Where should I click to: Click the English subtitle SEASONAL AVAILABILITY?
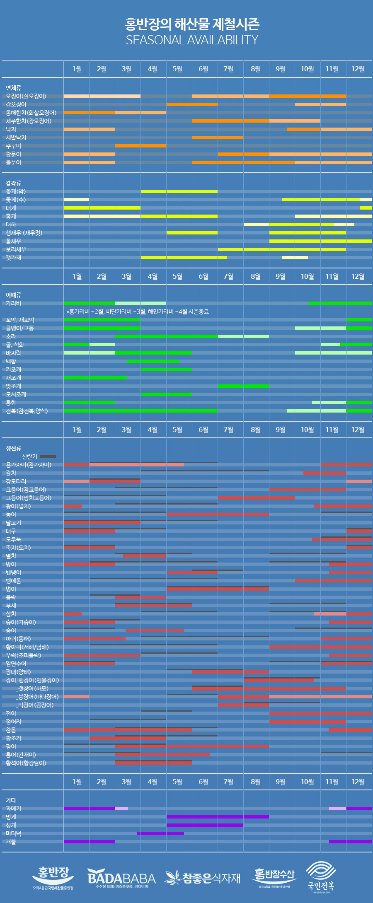192,40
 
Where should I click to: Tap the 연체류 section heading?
13,88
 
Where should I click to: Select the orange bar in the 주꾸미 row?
140,146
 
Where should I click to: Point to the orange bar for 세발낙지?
218,138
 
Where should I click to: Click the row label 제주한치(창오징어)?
29,121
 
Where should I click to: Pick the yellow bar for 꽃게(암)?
179,191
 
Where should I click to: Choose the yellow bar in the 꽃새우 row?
320,241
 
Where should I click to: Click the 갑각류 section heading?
13,183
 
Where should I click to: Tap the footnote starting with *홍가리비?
137,311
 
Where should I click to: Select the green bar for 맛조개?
243,386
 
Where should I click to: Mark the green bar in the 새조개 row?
95,378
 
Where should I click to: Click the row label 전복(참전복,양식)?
27,411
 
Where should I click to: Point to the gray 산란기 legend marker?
48,456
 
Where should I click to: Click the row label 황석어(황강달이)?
26,763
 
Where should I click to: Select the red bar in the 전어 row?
320,713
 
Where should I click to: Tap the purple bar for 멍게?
218,817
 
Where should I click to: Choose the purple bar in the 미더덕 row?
160,833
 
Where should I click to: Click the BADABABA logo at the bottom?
121,878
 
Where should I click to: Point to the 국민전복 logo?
321,876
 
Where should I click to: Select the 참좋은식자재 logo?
203,877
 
